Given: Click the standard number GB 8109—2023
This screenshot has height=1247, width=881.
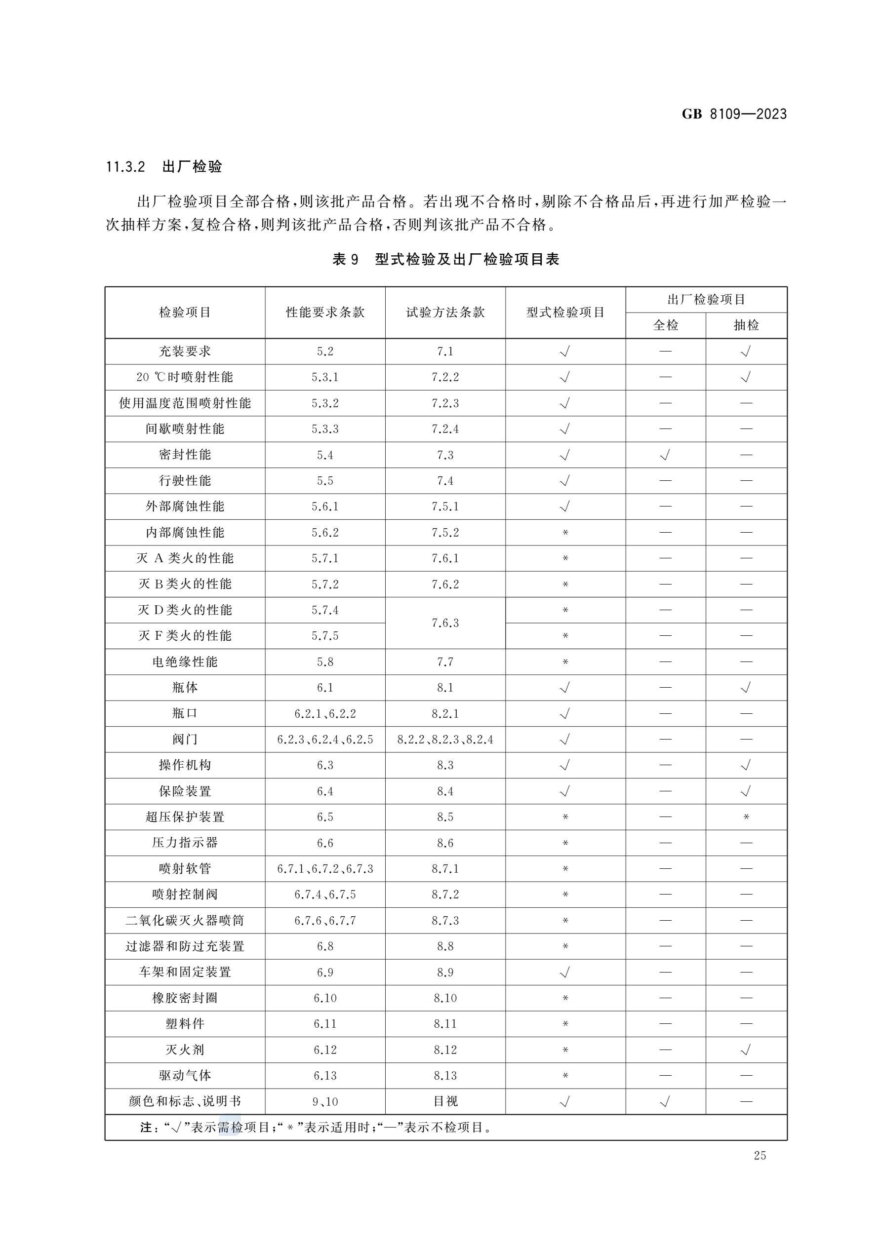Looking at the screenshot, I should click(734, 114).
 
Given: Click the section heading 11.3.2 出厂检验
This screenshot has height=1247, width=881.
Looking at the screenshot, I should click(164, 167).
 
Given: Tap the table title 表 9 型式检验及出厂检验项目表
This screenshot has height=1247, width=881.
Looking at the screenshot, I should click(445, 260).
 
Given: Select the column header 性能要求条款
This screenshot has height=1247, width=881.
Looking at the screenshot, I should click(325, 312).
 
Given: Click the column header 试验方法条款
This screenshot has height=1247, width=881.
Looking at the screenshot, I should click(445, 312).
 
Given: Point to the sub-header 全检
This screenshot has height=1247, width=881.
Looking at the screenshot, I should click(665, 325).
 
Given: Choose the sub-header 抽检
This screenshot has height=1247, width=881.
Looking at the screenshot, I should click(746, 325).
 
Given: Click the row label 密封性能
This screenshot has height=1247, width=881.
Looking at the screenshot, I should click(185, 455).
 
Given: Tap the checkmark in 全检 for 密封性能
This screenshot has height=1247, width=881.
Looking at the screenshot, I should click(665, 455).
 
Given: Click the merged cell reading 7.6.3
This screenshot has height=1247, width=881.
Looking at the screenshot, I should click(445, 623).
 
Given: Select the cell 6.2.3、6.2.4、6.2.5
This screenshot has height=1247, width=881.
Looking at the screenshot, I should click(325, 739).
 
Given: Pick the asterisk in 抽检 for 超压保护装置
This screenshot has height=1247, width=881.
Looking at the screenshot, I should click(746, 817).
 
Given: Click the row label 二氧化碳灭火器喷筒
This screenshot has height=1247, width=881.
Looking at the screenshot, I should click(185, 921).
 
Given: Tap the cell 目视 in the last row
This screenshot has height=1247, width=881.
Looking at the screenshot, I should click(445, 1101).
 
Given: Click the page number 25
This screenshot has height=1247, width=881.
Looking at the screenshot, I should click(760, 1156).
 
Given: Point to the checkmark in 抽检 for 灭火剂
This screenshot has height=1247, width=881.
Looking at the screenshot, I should click(746, 1050).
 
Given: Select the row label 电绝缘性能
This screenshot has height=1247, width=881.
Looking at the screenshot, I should click(185, 662).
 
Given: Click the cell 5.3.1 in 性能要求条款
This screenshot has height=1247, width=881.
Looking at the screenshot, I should click(325, 377).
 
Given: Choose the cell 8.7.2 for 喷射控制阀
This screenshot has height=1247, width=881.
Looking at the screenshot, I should click(445, 895).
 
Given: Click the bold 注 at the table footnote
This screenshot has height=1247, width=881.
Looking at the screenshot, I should click(146, 1128).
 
